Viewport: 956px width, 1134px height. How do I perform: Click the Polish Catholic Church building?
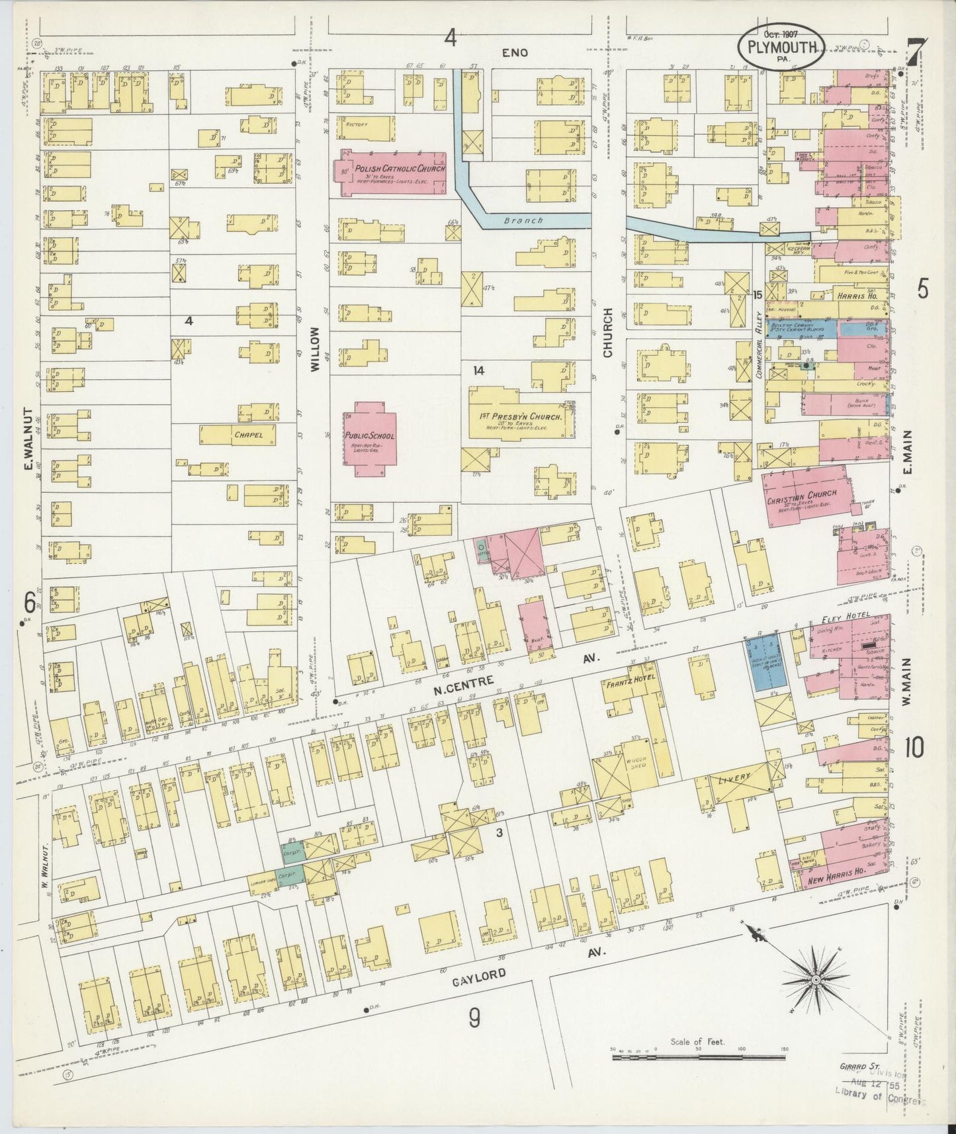coord(390,173)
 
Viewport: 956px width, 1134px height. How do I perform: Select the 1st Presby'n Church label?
coord(521,417)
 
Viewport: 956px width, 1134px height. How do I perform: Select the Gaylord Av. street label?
coord(480,975)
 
